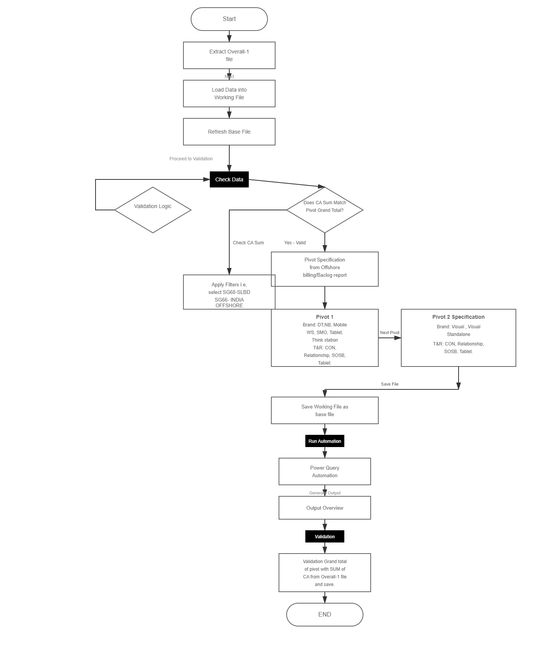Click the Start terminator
229,19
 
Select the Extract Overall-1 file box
229,55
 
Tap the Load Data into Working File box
229,94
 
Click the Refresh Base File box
229,132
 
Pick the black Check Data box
229,179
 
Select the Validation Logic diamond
153,210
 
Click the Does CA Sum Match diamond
325,210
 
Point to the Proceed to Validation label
191,159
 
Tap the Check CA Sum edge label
248,243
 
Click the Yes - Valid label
295,243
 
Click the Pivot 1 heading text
325,317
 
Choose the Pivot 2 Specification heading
459,317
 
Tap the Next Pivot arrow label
390,333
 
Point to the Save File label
390,384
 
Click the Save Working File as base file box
325,410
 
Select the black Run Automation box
325,441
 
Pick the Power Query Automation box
325,471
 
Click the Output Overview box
325,508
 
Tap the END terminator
325,614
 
